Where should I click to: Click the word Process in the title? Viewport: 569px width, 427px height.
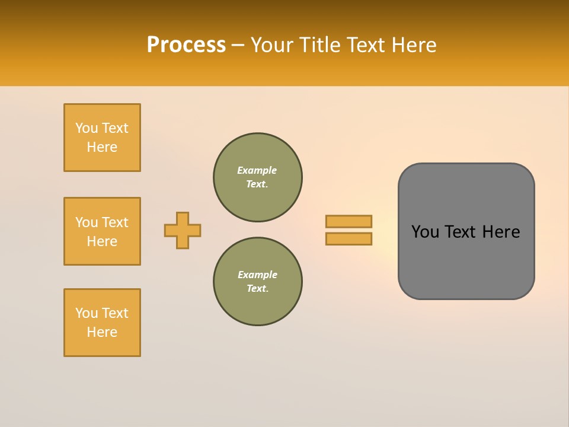click(186, 45)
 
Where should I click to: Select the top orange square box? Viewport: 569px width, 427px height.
click(102, 138)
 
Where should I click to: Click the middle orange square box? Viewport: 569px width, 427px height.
click(102, 231)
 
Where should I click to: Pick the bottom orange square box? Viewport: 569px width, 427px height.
click(102, 323)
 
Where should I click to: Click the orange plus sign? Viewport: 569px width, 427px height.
click(183, 230)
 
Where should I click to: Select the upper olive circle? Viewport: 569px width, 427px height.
click(258, 177)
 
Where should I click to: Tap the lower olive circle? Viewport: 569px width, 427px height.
click(258, 282)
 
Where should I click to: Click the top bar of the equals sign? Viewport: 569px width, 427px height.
click(349, 221)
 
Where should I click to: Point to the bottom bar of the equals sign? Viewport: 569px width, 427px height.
click(349, 238)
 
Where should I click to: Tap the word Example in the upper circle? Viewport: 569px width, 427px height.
click(257, 170)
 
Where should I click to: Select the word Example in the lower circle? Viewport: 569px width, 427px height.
click(257, 275)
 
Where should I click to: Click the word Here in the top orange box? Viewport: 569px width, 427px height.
click(102, 147)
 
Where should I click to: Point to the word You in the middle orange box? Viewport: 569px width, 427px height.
click(87, 222)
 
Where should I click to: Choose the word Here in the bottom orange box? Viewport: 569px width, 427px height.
click(102, 332)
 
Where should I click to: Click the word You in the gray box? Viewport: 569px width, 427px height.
click(425, 232)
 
